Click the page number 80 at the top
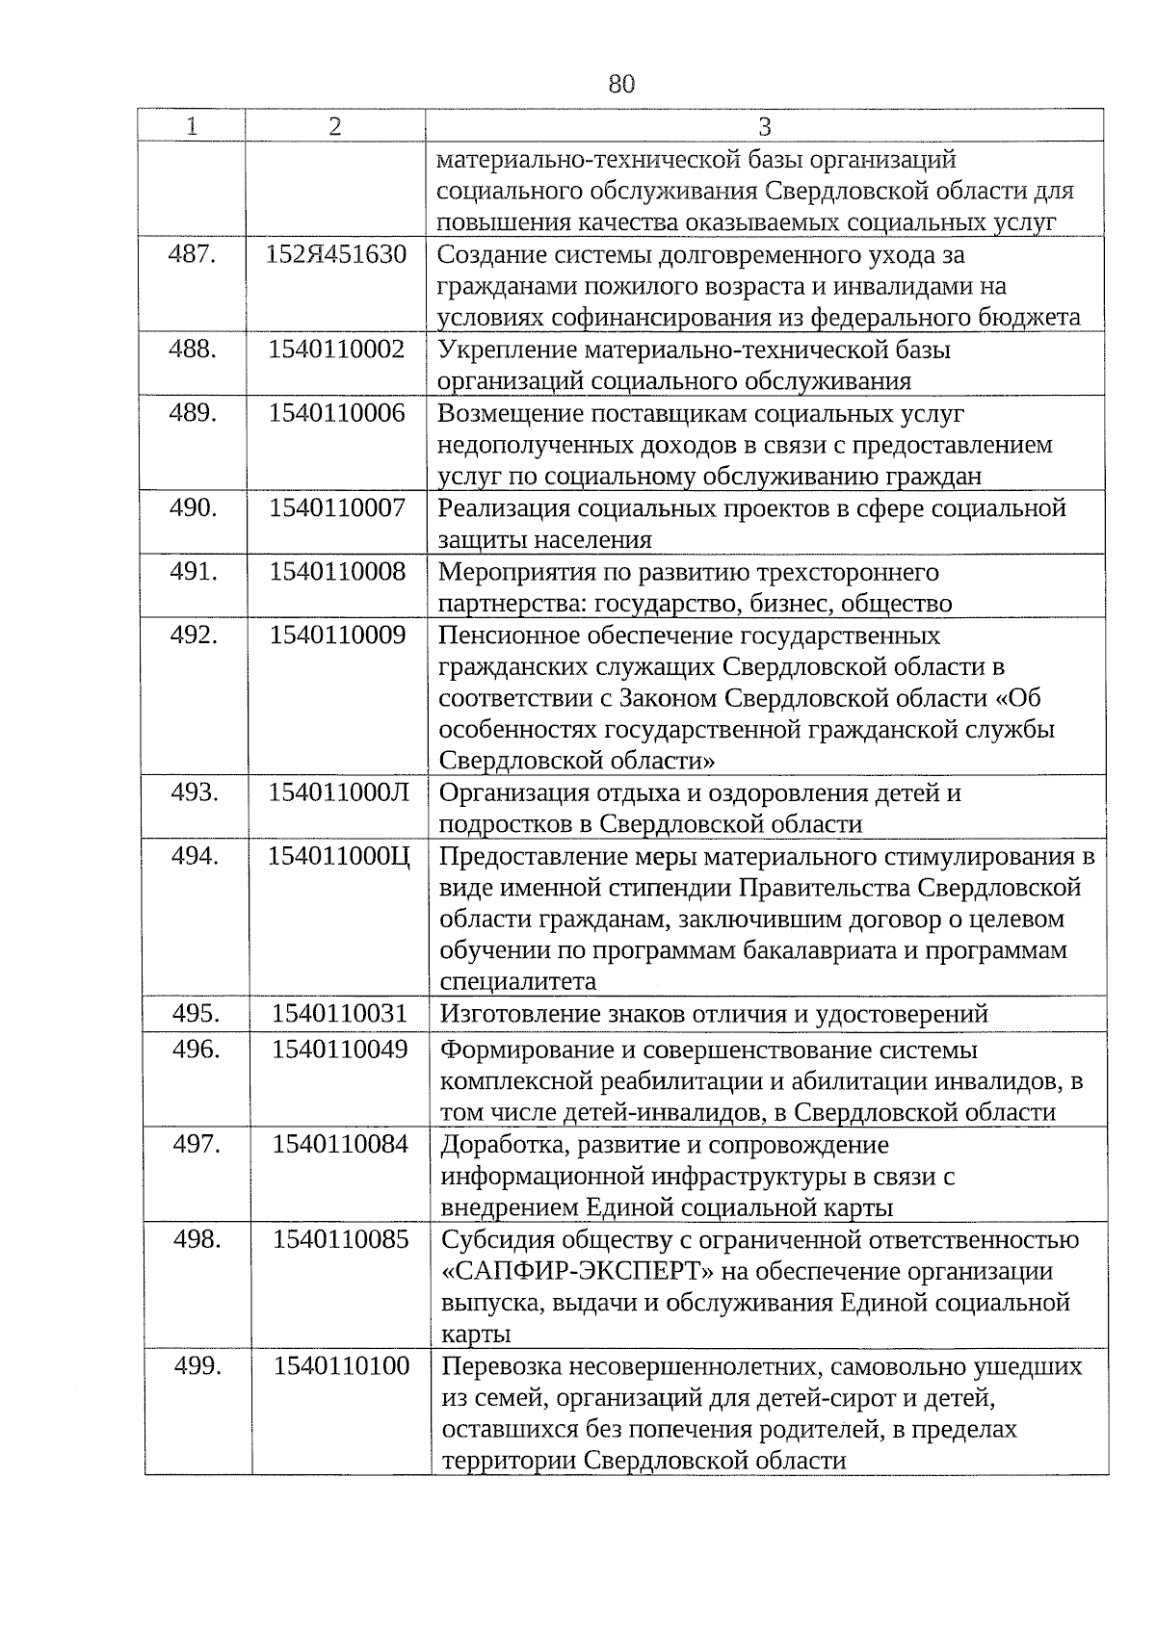tap(621, 84)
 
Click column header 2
tap(334, 126)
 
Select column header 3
tap(765, 126)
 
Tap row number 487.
tap(192, 255)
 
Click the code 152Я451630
tap(336, 255)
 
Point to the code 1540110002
tap(336, 350)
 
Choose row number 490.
tap(193, 507)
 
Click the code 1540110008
tap(337, 571)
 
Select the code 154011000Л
tap(338, 792)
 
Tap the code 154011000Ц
tap(338, 856)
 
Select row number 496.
tap(197, 1049)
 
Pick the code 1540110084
tap(340, 1144)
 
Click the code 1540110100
tap(341, 1365)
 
